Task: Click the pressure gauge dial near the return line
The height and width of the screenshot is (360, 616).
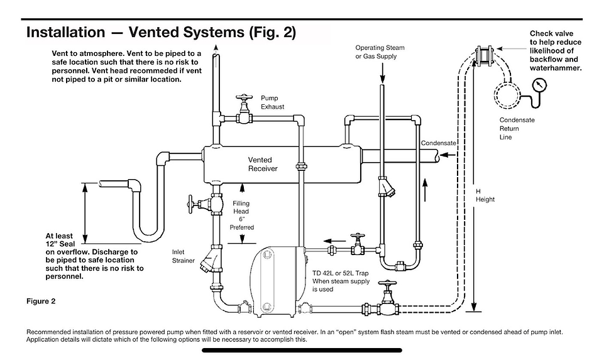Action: pos(539,85)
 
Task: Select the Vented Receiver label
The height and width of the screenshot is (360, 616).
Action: pos(263,164)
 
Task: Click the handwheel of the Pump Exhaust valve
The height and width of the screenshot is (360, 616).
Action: pos(244,97)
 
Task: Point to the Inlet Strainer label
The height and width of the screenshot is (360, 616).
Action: pos(183,256)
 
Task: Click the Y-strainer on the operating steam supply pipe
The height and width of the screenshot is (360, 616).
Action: pos(385,186)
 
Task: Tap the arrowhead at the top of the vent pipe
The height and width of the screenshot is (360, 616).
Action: pos(216,48)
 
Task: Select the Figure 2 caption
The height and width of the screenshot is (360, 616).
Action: pos(41,301)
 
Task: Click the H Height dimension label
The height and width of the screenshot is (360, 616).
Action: pos(485,195)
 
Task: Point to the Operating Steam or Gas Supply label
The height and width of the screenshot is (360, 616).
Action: pos(380,52)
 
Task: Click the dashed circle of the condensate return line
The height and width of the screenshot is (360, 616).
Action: pos(507,95)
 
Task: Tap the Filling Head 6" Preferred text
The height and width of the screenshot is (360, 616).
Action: pos(241,215)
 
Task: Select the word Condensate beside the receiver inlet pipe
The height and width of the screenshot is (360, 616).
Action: pos(439,143)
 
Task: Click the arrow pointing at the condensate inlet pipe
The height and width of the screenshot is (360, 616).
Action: pos(448,155)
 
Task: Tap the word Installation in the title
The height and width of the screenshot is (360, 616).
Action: pos(65,32)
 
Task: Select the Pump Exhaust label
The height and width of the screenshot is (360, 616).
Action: pos(272,102)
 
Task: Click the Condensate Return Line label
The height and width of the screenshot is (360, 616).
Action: pos(517,128)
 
